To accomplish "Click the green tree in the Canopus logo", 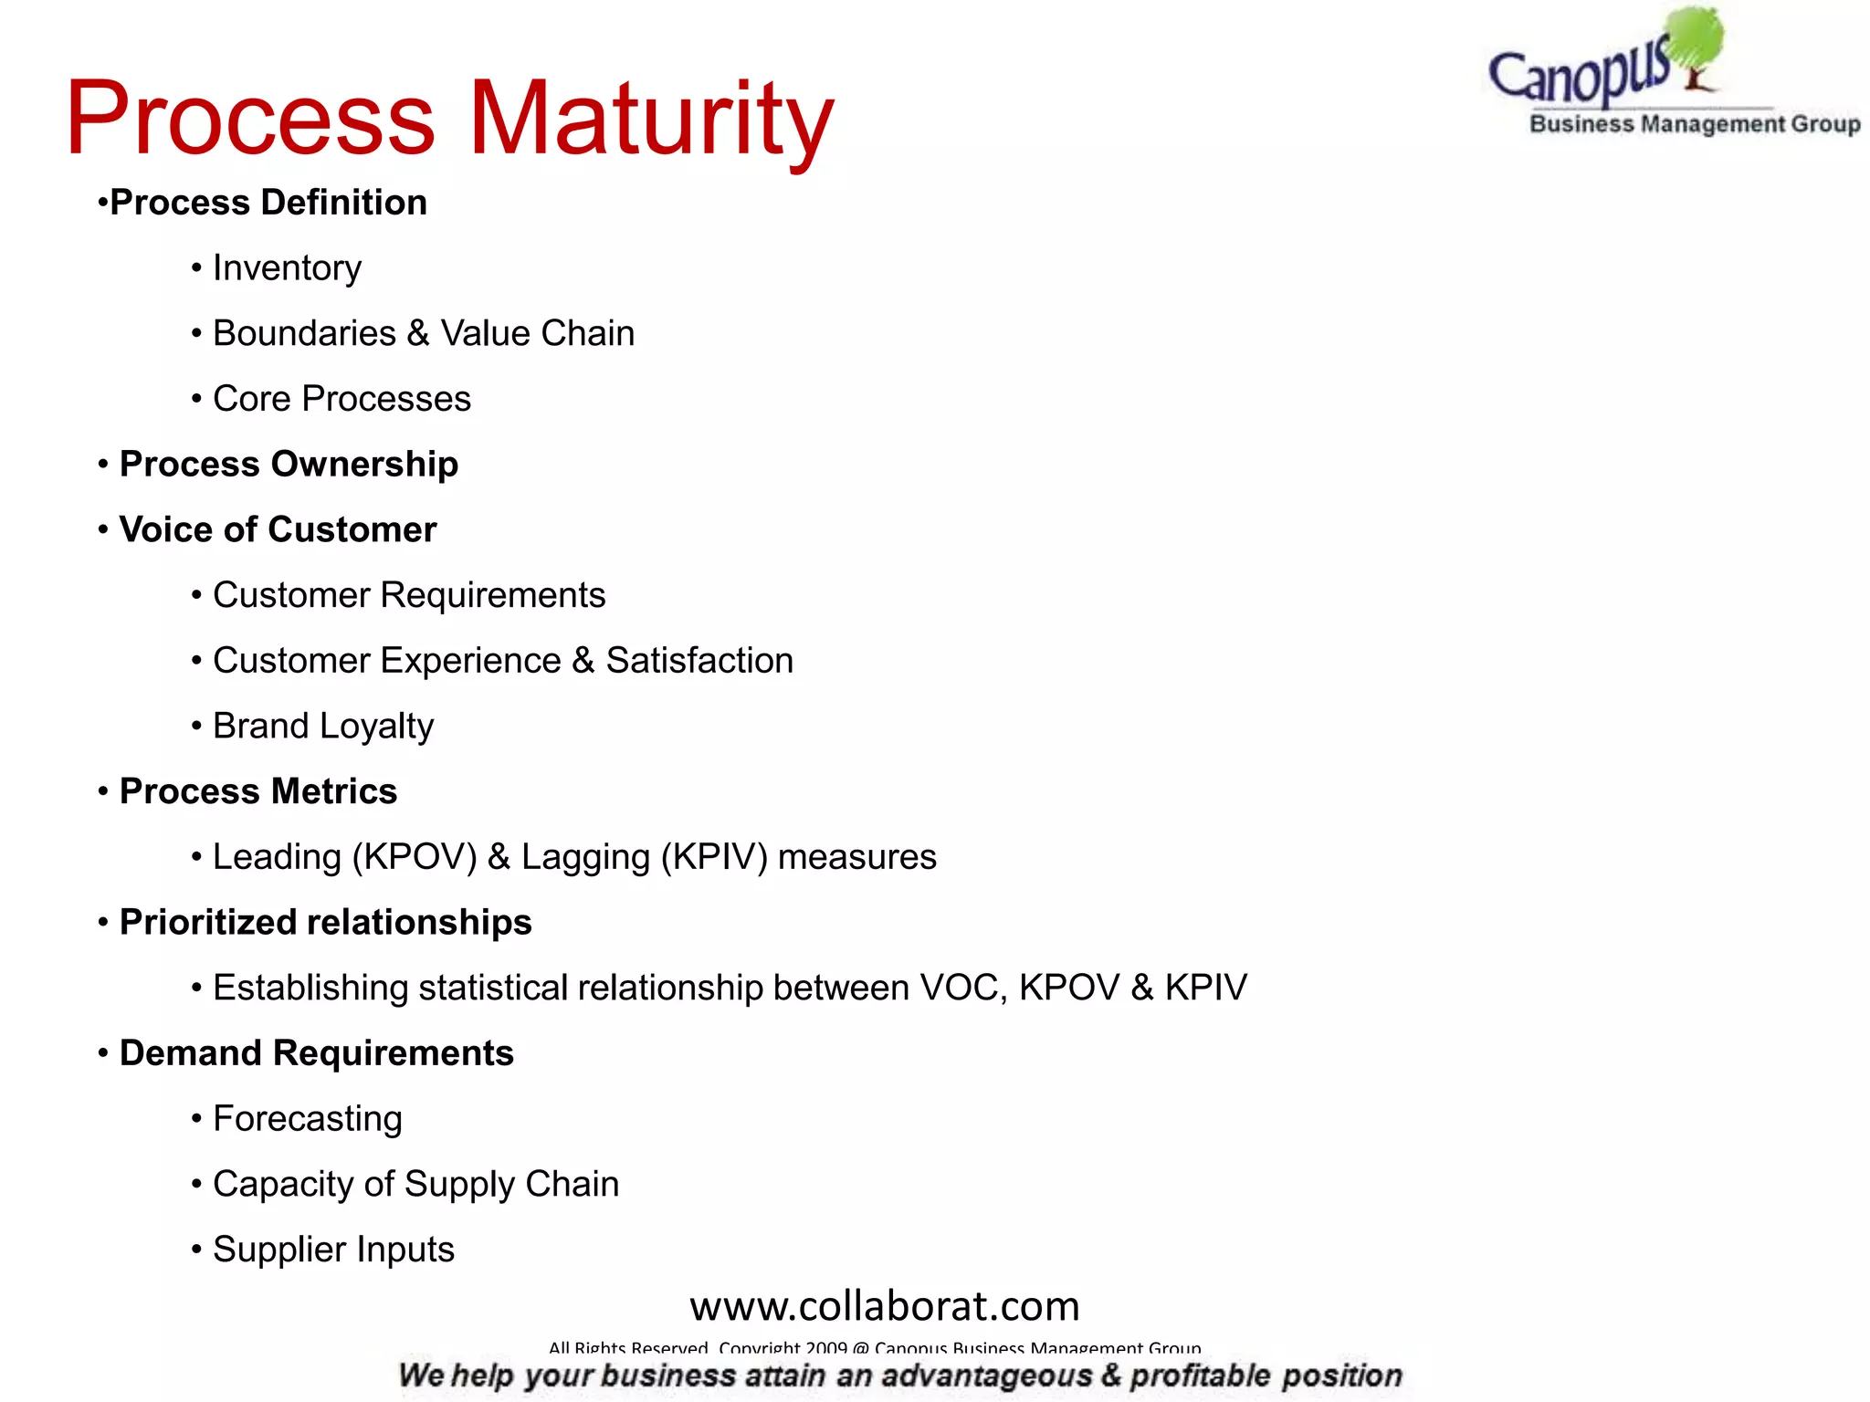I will [x=1695, y=41].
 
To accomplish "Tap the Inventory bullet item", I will [x=287, y=268].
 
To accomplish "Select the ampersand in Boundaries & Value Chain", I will [x=418, y=333].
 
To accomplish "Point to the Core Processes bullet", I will [x=341, y=399].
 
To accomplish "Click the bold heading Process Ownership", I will [x=289, y=464].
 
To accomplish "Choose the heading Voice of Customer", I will [x=278, y=529].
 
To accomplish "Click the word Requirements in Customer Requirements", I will [x=492, y=595].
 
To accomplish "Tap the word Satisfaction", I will [x=699, y=661].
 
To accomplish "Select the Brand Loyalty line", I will [x=323, y=727].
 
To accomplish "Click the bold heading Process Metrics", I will [x=258, y=791].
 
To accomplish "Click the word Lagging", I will [x=585, y=857].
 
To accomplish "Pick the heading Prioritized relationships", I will [x=325, y=922].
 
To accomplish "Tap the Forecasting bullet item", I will [x=307, y=1119].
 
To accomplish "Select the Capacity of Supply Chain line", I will [x=415, y=1184].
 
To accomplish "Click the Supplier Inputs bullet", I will [x=333, y=1250].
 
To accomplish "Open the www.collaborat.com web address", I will [x=884, y=1306].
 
